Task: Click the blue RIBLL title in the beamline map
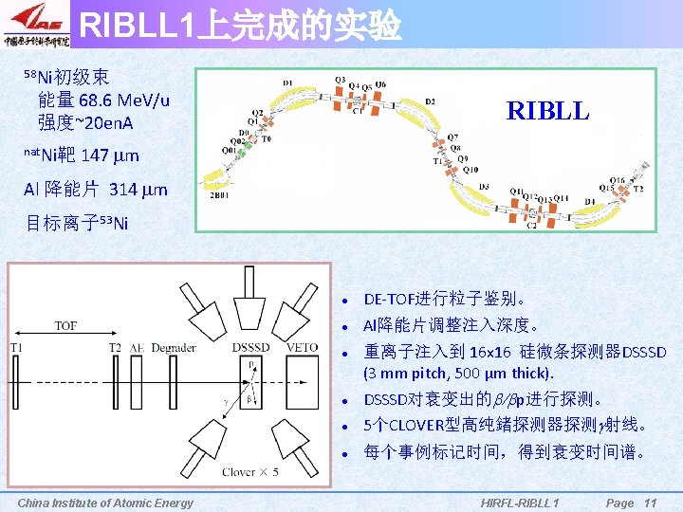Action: point(547,111)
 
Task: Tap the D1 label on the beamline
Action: point(288,84)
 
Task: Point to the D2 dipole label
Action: point(431,101)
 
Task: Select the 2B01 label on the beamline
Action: point(218,196)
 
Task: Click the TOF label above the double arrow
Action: point(65,326)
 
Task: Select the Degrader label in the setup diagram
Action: point(174,348)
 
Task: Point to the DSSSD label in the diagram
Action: point(249,348)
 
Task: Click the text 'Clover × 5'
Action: point(251,470)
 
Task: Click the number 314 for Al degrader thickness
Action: point(124,189)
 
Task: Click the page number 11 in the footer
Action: point(650,503)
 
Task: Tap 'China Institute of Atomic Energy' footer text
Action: point(105,503)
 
